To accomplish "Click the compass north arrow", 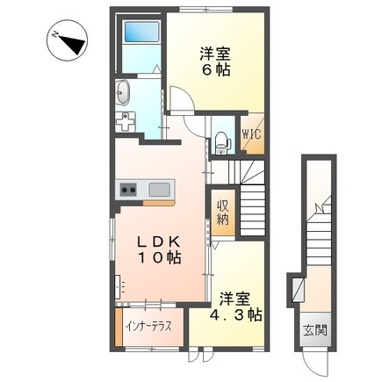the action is (73, 43).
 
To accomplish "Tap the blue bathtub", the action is (142, 32).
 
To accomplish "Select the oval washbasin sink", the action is (123, 92).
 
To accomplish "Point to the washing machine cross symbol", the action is (126, 122).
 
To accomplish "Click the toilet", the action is (222, 143).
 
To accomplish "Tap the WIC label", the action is (251, 134).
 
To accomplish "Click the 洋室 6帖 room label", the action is (215, 61).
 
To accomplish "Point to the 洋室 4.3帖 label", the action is (235, 306).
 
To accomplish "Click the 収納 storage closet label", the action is (223, 212).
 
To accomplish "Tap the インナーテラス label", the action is (148, 326).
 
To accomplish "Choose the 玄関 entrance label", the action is (315, 330).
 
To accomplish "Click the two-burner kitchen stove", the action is (129, 190).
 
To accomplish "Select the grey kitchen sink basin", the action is (159, 190).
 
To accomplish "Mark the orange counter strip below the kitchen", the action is (159, 203).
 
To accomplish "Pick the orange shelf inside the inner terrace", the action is (119, 326).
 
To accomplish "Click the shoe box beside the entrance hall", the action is (299, 290).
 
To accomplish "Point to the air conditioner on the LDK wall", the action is (118, 287).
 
